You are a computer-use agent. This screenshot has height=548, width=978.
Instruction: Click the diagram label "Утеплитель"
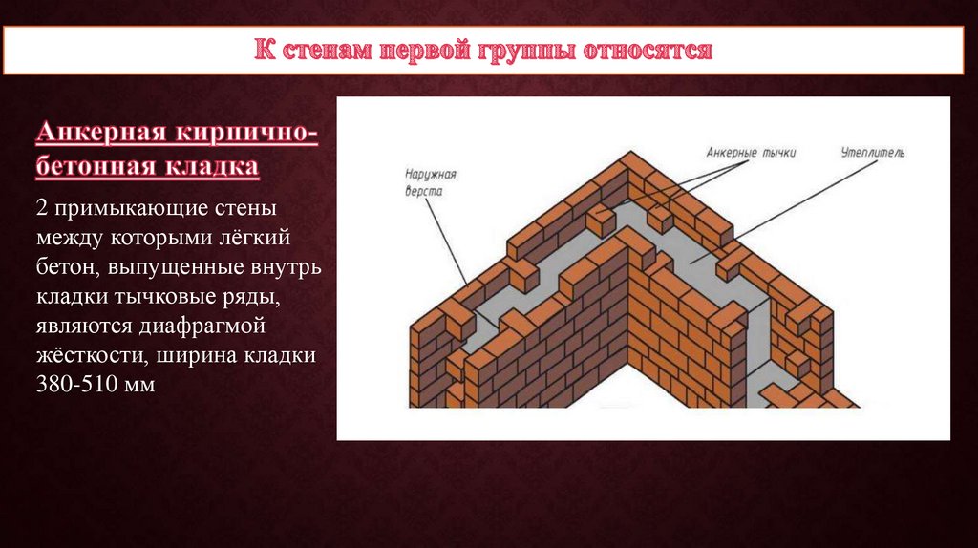coord(873,151)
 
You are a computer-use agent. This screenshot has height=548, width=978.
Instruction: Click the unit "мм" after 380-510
coord(138,385)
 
